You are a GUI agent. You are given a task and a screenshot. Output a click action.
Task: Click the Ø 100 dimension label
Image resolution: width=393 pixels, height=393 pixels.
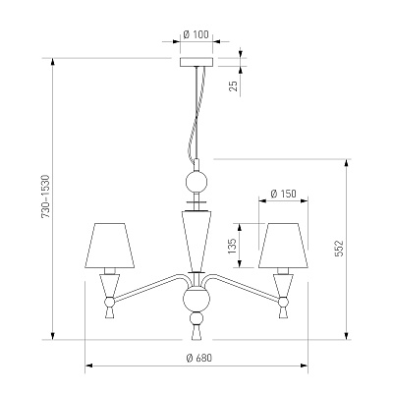pos(196,34)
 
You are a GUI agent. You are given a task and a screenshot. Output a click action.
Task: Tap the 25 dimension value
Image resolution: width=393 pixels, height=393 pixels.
pos(234,85)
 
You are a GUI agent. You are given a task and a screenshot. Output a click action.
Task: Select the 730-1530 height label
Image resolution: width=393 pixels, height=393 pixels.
pos(45,196)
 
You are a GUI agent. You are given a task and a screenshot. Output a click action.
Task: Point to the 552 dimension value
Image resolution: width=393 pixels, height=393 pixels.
pos(339,249)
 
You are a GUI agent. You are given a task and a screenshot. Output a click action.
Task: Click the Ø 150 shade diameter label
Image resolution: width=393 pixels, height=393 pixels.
pos(284,194)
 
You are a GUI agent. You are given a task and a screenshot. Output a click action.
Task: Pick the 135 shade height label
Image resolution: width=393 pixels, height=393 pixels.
pos(232,246)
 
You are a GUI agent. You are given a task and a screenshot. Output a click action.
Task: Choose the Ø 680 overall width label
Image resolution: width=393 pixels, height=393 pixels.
pos(199,358)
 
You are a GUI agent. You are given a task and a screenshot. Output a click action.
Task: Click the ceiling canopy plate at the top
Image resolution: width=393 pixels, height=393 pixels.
pos(196,62)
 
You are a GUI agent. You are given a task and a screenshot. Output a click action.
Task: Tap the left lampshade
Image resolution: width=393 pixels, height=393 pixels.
pos(110,246)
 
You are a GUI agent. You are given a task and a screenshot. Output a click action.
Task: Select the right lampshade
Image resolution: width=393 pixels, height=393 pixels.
pos(283,246)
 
